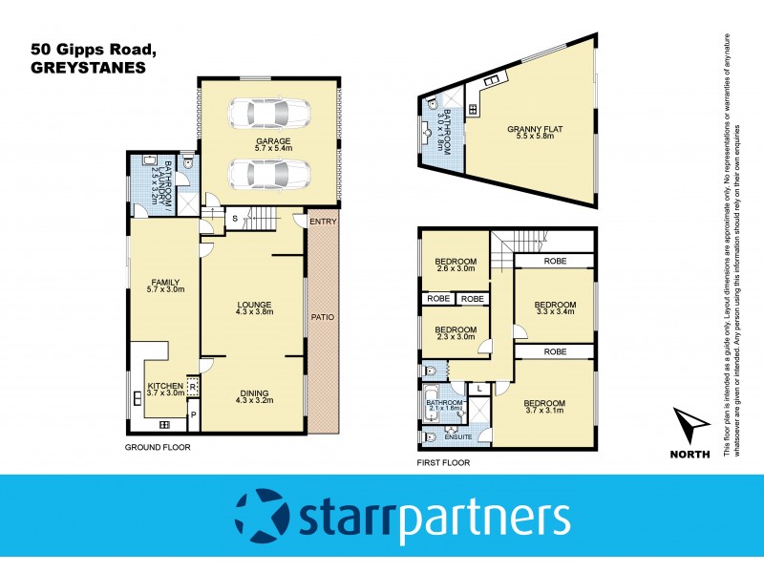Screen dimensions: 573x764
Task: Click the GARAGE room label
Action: (x=272, y=141)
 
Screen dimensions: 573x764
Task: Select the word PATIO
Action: (x=323, y=316)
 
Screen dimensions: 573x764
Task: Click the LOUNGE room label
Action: (x=253, y=306)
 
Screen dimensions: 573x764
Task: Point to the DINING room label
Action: (x=254, y=393)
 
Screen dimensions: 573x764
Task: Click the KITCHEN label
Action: (x=165, y=387)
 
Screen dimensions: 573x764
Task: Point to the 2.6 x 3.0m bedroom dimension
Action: (x=456, y=270)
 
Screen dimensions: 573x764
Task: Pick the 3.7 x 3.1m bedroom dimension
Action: (x=544, y=412)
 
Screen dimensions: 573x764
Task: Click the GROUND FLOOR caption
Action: (x=159, y=447)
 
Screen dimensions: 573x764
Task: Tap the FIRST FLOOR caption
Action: (x=443, y=462)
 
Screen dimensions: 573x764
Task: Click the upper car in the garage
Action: (x=268, y=114)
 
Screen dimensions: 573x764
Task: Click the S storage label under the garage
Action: (x=234, y=220)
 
